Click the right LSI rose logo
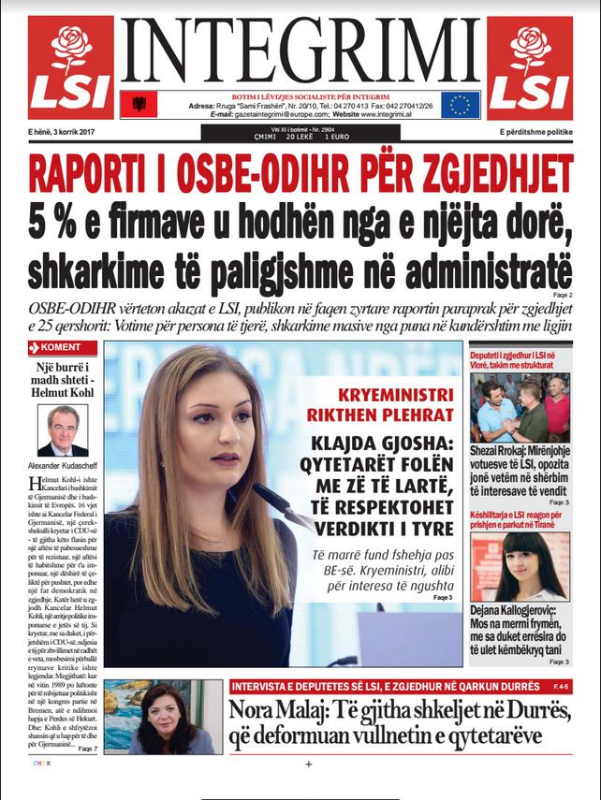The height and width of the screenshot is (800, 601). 530,67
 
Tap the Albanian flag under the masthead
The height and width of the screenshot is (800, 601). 139,104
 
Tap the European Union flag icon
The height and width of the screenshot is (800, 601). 461,104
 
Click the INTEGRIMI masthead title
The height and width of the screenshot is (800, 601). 300,52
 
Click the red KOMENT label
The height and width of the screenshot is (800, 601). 60,348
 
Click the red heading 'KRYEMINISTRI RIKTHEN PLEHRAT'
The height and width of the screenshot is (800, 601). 386,404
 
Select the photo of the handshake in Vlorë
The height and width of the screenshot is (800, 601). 520,408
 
